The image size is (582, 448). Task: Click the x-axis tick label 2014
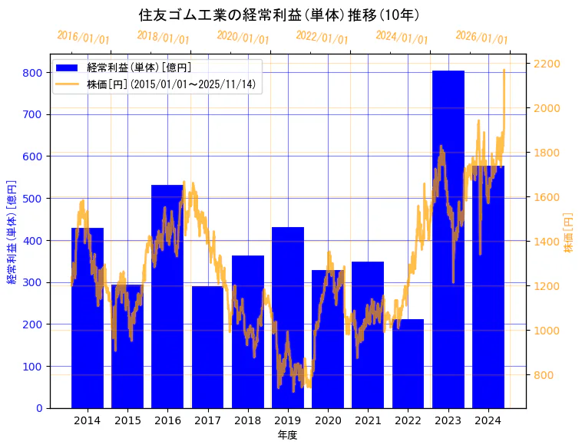pyautogui.click(x=88, y=420)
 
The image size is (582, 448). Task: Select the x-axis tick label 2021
pyautogui.click(x=368, y=420)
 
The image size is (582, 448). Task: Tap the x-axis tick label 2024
pyautogui.click(x=488, y=420)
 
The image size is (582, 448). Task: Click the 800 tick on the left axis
pyautogui.click(x=32, y=73)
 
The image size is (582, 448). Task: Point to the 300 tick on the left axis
pyautogui.click(x=32, y=282)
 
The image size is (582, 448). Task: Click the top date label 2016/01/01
pyautogui.click(x=84, y=38)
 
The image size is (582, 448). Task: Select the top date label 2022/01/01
pyautogui.click(x=322, y=38)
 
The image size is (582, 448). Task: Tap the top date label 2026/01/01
pyautogui.click(x=482, y=38)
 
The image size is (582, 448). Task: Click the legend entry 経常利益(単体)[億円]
pyautogui.click(x=139, y=68)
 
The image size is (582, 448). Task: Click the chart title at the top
pyautogui.click(x=279, y=15)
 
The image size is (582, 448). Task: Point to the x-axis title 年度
pyautogui.click(x=287, y=435)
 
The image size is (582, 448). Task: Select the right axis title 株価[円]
pyautogui.click(x=569, y=234)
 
